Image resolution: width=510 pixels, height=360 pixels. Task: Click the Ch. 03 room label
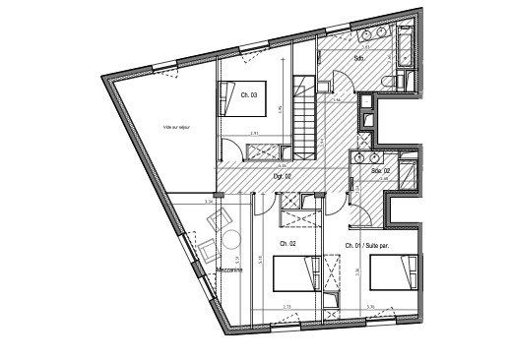point(248,95)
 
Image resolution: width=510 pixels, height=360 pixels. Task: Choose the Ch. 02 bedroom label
point(287,244)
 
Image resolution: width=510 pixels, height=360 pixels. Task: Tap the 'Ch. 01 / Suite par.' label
point(368,244)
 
